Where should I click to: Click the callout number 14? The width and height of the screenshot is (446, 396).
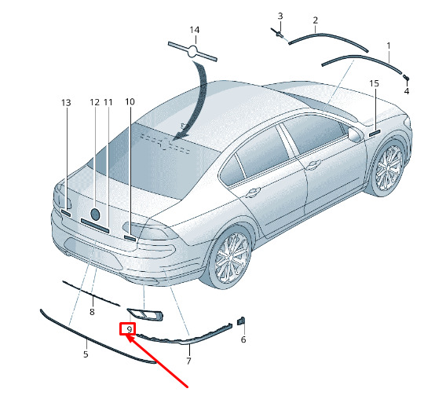(x=195, y=30)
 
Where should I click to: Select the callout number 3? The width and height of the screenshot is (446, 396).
(x=280, y=16)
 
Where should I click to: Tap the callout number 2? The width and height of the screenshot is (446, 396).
(x=315, y=20)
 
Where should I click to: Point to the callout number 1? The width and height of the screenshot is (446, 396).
(x=389, y=46)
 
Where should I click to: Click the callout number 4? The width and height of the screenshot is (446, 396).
(x=407, y=91)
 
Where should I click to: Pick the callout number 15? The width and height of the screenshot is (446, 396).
(x=374, y=83)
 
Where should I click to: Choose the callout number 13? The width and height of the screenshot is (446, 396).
(x=66, y=102)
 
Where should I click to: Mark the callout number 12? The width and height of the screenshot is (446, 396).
(x=95, y=102)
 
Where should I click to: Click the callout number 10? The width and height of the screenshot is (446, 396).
(x=130, y=101)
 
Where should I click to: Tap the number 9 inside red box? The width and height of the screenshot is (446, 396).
(x=130, y=330)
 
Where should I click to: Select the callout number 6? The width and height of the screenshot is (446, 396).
(x=243, y=339)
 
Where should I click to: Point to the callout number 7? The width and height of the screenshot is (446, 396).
(x=188, y=361)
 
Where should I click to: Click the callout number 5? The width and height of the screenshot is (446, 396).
(x=86, y=354)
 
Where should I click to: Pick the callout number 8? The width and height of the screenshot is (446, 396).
(x=92, y=312)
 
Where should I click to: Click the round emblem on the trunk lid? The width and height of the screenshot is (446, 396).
(x=95, y=214)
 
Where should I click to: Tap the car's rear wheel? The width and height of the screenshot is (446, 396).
(x=230, y=258)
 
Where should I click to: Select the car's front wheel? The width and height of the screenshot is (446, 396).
(x=389, y=168)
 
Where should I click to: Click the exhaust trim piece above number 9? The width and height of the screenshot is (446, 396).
(x=145, y=314)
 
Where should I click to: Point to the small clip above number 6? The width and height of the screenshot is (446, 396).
(x=241, y=321)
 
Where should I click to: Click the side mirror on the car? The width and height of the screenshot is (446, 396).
(x=355, y=135)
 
